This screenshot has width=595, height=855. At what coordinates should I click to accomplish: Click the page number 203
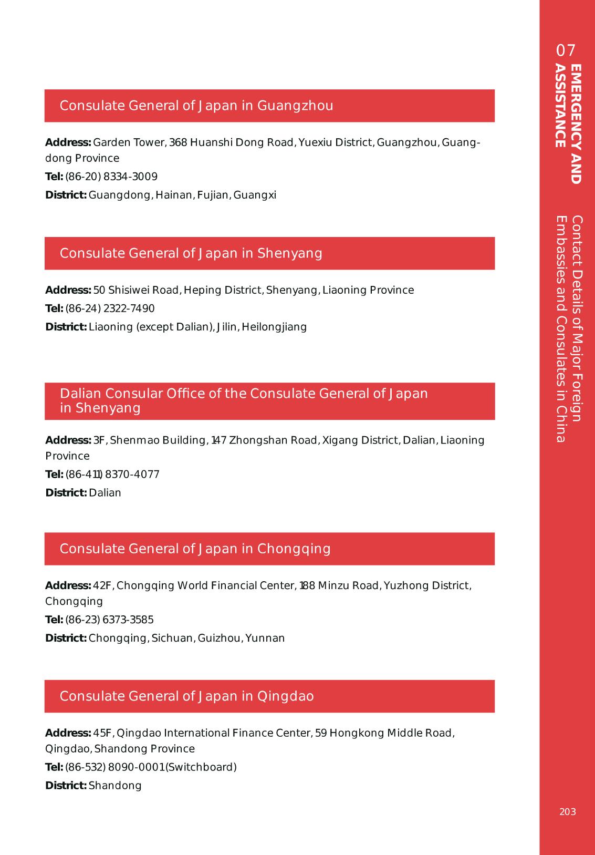pos(567,812)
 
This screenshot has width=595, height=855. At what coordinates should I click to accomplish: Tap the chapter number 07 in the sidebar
pos(566,50)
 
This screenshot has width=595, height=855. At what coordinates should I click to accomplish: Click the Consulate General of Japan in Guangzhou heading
pos(196,106)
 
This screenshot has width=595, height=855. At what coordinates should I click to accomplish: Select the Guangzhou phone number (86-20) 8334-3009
pos(111,177)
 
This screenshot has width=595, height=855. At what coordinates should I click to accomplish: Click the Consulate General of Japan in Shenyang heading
pos(191,253)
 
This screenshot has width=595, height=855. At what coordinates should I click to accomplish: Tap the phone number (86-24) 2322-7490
pos(110,308)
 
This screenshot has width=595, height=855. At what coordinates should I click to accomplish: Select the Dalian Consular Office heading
pos(244,401)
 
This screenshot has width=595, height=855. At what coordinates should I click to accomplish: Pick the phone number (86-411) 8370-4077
pos(112,475)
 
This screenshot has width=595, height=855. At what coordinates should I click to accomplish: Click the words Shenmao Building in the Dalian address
pos(157,440)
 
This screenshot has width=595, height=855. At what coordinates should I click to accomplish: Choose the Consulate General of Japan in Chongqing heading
pos(195,549)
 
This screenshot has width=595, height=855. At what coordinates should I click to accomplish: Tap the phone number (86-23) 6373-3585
pos(109,620)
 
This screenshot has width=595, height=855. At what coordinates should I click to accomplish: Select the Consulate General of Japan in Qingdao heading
pos(186,696)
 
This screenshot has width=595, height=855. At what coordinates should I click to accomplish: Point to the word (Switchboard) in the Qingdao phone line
pos(201,767)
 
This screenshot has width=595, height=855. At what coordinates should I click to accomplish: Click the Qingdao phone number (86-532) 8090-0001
pos(115,767)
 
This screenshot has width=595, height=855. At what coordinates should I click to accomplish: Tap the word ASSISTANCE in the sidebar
pos(561,106)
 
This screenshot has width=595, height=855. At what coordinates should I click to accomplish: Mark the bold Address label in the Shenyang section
pos(68,290)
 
